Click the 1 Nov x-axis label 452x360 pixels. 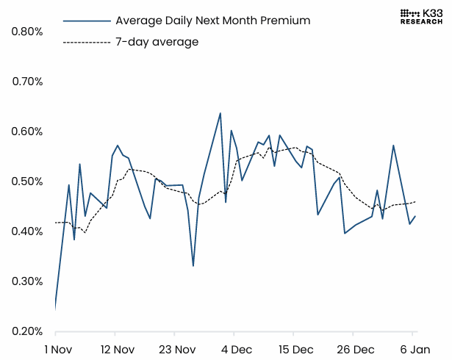point(57,348)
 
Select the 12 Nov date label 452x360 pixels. point(114,348)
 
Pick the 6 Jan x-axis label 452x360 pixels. point(415,348)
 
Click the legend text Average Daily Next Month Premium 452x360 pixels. point(213,21)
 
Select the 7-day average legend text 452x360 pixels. point(157,42)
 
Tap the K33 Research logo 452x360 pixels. point(421,16)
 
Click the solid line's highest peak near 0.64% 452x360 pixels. point(220,113)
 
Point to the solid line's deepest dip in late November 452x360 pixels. point(193,265)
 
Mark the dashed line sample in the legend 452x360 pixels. point(87,43)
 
